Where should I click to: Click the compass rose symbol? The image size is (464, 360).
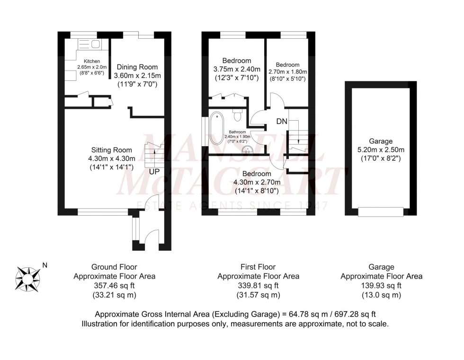tap(28, 277)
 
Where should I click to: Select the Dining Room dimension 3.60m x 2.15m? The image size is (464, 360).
tap(137, 75)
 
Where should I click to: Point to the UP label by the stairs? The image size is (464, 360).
tap(155, 171)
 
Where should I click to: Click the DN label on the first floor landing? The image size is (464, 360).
tap(282, 121)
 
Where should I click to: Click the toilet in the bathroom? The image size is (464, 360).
tap(238, 114)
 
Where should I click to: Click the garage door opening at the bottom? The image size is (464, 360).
tap(381, 212)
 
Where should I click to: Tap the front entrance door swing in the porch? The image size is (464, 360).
tap(152, 234)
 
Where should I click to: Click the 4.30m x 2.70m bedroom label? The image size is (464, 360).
tap(257, 183)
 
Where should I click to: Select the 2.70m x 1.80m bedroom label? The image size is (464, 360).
tap(288, 72)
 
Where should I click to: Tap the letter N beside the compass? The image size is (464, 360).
tap(45, 265)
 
